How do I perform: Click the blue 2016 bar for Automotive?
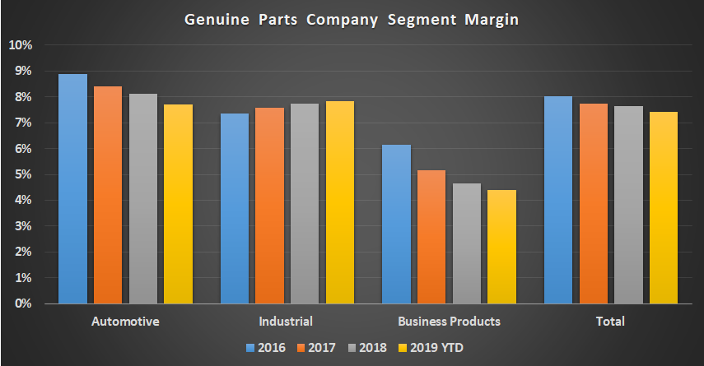coord(72,188)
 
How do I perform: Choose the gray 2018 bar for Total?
coord(628,205)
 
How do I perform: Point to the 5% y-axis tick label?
coord(22,174)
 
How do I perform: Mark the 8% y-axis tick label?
coord(22,97)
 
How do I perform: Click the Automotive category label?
coord(126,321)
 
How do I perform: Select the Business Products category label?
coord(449,321)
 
